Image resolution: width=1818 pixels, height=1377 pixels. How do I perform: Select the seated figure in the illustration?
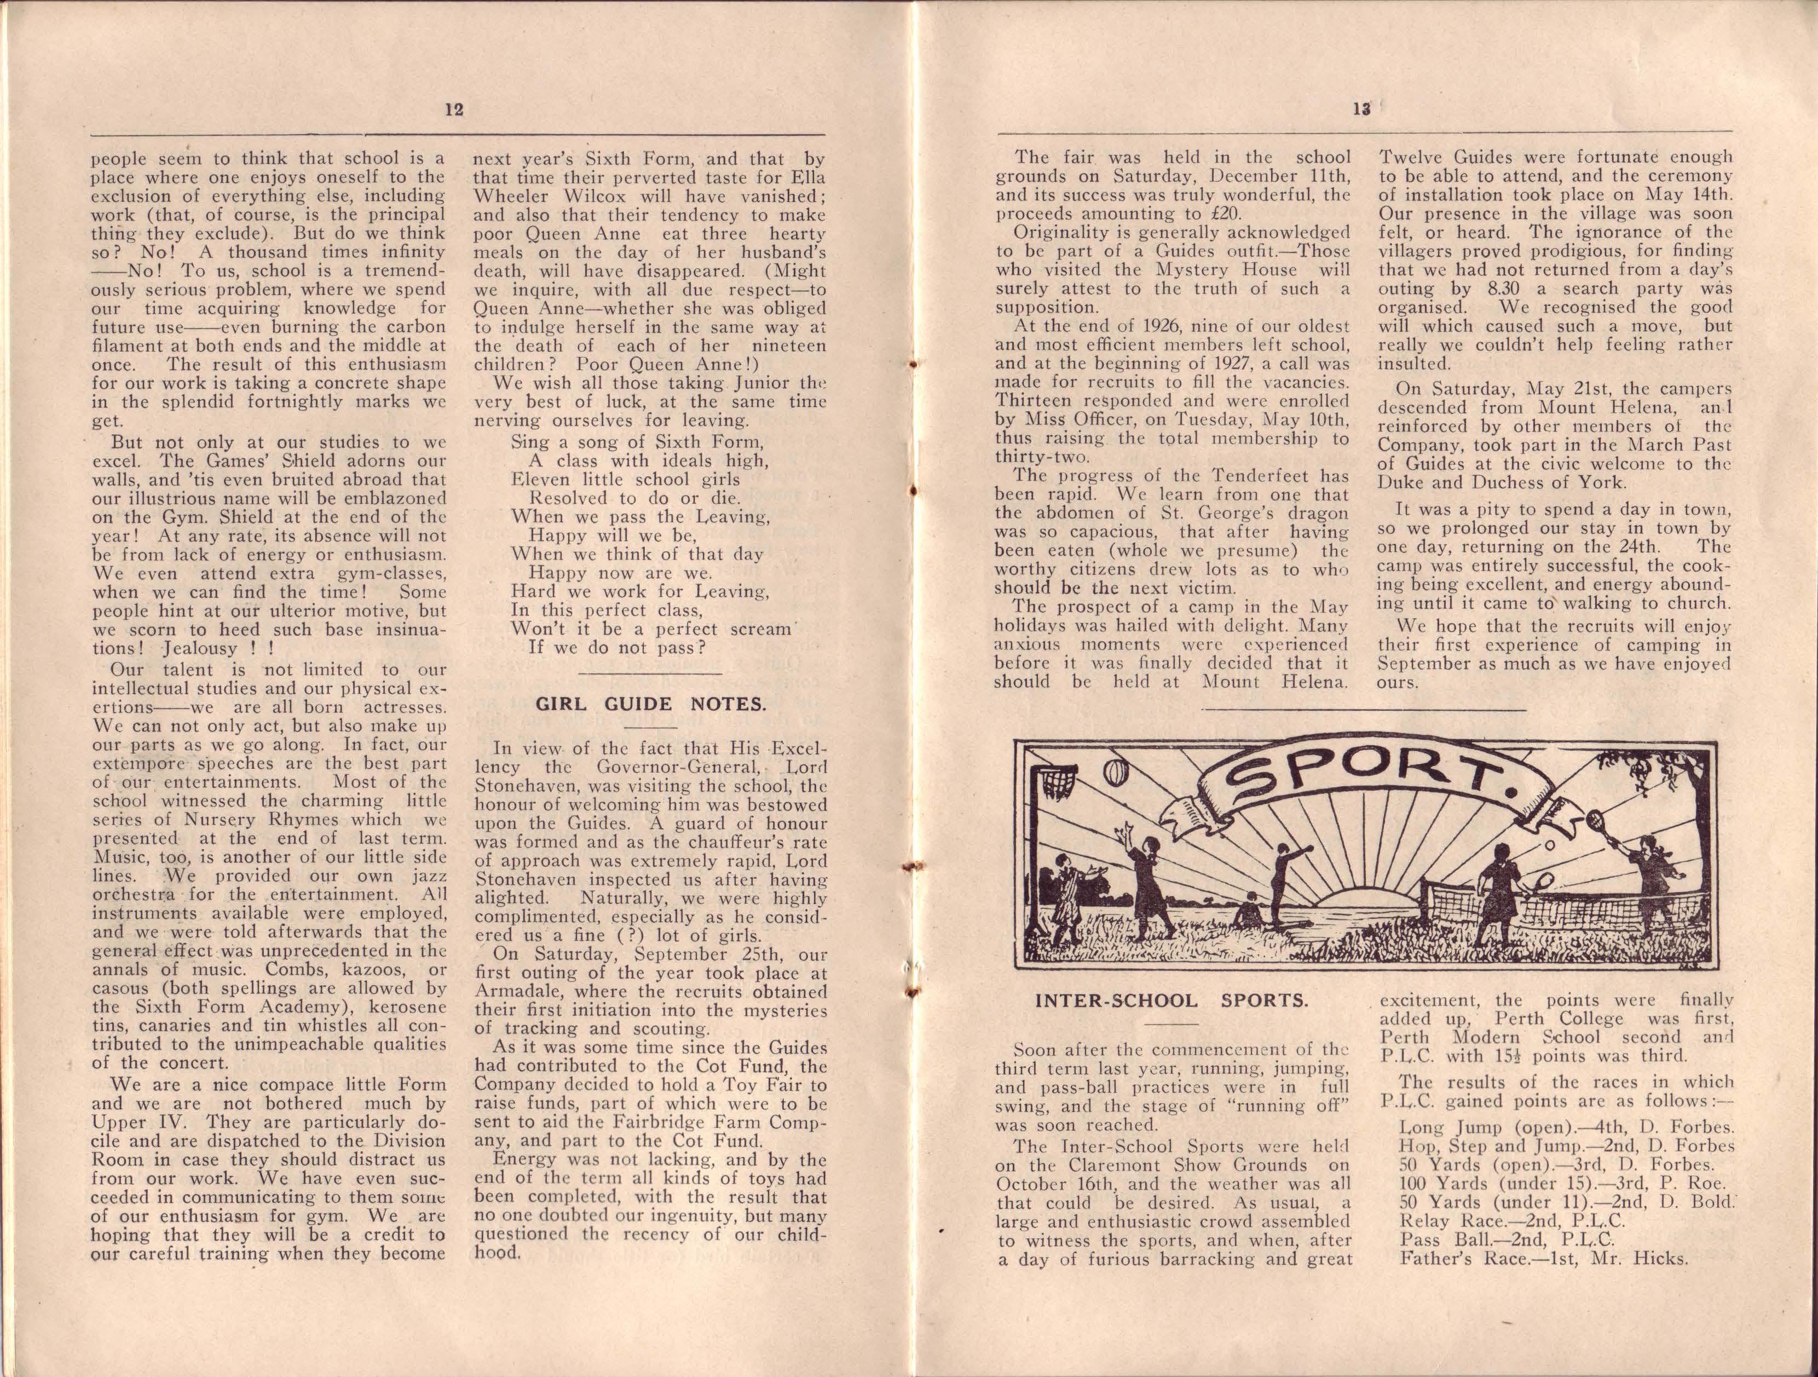(1250, 915)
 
